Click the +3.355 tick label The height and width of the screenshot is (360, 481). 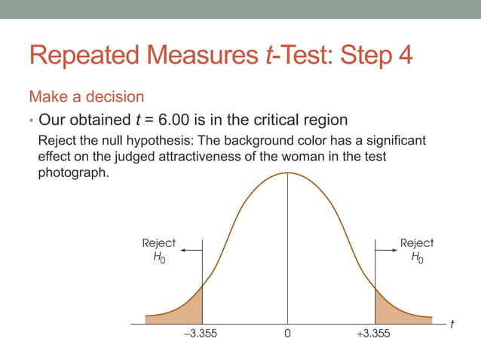tap(373, 334)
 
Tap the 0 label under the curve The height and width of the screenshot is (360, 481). tap(287, 334)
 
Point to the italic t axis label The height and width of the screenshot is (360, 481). tap(452, 324)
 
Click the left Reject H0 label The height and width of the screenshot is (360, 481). tap(158, 251)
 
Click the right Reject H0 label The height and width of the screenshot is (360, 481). tap(416, 251)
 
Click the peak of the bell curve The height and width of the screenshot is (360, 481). tap(287, 172)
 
